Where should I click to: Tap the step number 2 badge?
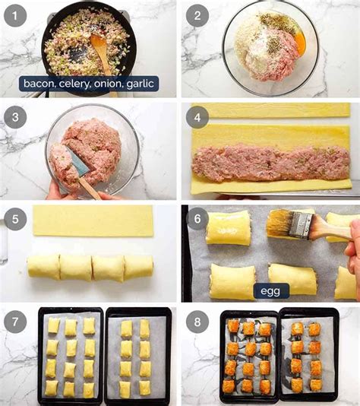[197, 15]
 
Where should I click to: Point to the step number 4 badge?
[197, 117]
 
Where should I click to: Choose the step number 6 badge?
[197, 218]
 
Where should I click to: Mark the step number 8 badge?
[197, 321]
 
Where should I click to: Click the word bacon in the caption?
[38, 84]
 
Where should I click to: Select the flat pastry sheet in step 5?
[92, 220]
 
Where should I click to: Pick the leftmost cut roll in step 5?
[43, 267]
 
